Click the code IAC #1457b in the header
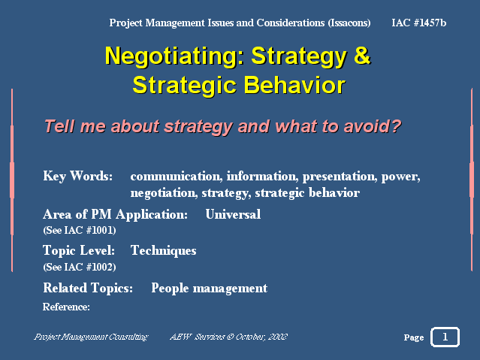click(x=418, y=23)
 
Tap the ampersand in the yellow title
click(x=362, y=55)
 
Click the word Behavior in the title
click(x=294, y=85)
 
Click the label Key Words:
click(x=78, y=176)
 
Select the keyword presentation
click(x=340, y=177)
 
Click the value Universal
click(x=234, y=214)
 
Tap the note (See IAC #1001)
click(x=80, y=230)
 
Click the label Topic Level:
click(x=79, y=250)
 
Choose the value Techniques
click(x=164, y=250)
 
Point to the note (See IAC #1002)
click(x=80, y=267)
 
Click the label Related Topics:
click(x=88, y=289)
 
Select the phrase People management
click(x=210, y=289)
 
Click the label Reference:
click(x=66, y=307)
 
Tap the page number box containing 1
click(x=445, y=337)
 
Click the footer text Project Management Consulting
click(x=91, y=337)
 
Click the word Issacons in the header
click(x=349, y=23)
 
